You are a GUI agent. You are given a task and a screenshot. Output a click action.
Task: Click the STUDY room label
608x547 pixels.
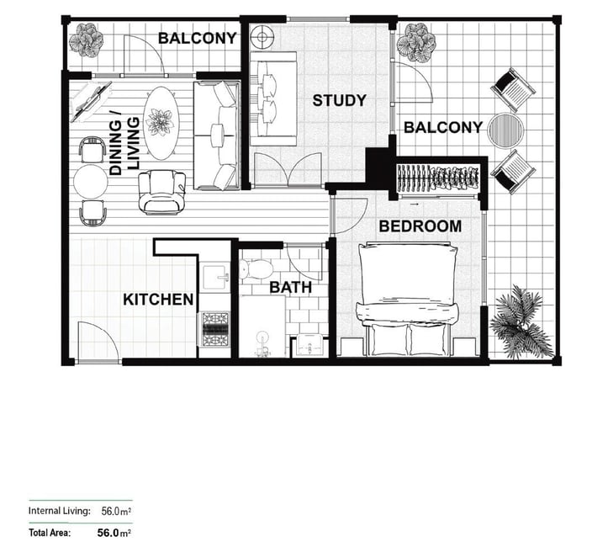tap(339, 100)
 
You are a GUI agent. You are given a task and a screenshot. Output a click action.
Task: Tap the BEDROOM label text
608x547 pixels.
tap(420, 226)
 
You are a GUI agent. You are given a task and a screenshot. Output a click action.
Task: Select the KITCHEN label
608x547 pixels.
tap(158, 300)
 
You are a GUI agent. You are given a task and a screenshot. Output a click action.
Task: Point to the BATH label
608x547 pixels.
tap(290, 288)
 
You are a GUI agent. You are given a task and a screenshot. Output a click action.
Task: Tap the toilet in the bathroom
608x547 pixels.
tap(256, 268)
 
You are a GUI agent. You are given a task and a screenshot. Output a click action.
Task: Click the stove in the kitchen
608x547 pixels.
tap(214, 329)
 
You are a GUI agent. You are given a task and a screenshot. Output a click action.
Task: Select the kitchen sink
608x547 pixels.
tap(215, 277)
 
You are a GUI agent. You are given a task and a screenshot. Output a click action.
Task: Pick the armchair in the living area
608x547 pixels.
tap(162, 192)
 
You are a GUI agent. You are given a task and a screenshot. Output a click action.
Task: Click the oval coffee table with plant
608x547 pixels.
tap(160, 123)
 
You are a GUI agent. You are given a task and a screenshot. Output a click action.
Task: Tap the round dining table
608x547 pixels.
tap(90, 182)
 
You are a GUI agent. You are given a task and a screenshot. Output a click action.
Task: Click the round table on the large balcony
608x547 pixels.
tap(505, 130)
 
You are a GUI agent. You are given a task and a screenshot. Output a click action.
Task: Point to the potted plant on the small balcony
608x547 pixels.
tap(86, 40)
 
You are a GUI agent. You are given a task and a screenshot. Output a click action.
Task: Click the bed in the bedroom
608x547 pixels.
tap(407, 299)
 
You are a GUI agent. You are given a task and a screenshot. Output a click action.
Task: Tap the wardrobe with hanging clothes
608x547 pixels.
tap(438, 178)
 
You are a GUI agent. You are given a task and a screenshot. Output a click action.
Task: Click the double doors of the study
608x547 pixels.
tap(288, 169)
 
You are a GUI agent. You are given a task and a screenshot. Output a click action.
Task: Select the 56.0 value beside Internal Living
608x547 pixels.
tap(110, 511)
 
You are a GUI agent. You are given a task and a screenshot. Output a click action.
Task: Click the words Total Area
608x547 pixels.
tap(50, 533)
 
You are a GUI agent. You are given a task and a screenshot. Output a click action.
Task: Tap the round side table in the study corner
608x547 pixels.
tap(262, 37)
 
